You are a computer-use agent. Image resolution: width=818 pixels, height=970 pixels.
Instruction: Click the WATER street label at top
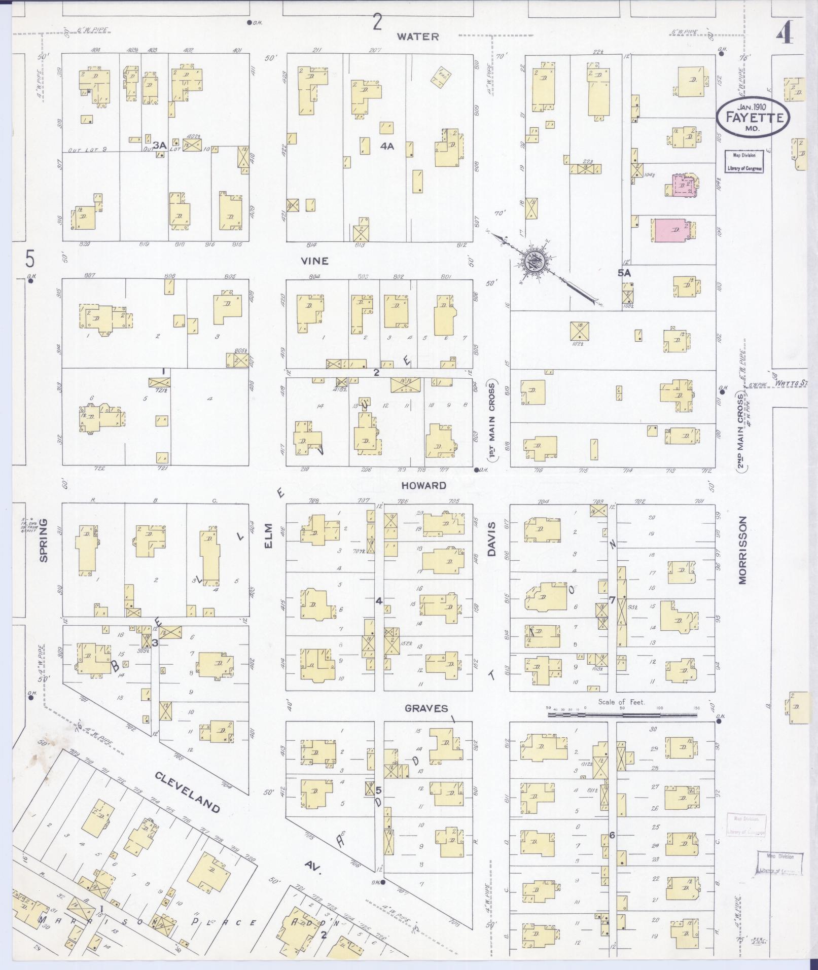pyautogui.click(x=418, y=37)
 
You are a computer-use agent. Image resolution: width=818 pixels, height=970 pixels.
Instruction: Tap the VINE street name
pyautogui.click(x=314, y=261)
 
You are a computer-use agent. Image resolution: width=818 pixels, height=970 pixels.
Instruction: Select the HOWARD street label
pyautogui.click(x=424, y=485)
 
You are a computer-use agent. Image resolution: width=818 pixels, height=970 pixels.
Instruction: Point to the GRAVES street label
pyautogui.click(x=426, y=708)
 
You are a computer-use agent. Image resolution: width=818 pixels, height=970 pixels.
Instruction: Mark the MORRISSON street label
pyautogui.click(x=743, y=550)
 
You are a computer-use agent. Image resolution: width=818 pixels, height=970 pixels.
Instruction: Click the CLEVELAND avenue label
pyautogui.click(x=188, y=793)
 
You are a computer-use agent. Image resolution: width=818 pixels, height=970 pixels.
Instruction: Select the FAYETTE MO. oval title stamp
pyautogui.click(x=753, y=118)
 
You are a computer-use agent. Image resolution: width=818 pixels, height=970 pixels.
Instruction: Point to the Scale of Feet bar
pyautogui.click(x=622, y=715)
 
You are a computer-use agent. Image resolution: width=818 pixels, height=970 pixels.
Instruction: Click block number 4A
pyautogui.click(x=387, y=146)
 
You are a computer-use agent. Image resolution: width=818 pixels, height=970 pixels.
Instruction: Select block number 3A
pyautogui.click(x=160, y=146)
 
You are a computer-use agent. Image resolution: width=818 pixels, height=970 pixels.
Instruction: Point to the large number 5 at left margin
pyautogui.click(x=30, y=260)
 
